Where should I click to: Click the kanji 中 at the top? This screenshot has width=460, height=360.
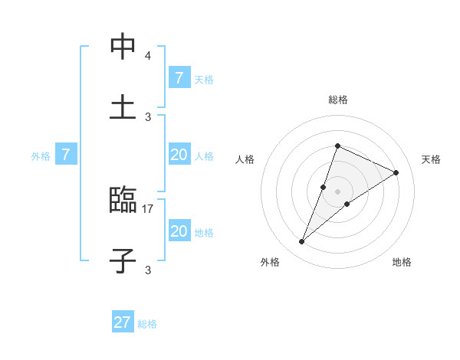tap(123, 47)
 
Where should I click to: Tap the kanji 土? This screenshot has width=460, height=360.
tap(123, 106)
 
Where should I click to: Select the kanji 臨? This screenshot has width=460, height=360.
tap(123, 201)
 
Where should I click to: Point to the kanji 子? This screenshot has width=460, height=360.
tap(123, 260)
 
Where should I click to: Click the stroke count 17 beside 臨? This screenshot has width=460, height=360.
tap(148, 208)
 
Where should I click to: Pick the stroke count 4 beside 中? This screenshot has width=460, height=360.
tap(148, 56)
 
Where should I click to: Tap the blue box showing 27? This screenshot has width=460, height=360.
tap(123, 322)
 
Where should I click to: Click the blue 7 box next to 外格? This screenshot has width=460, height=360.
tap(66, 155)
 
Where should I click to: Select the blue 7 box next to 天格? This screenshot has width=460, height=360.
tap(179, 78)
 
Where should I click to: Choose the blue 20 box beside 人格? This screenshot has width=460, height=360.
tap(179, 155)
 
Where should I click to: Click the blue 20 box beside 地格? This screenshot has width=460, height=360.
tap(179, 231)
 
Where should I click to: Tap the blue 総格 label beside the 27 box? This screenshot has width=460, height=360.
tap(147, 324)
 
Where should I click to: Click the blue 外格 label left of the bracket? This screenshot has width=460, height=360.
tap(41, 156)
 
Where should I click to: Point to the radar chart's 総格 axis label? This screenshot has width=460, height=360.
tap(337, 100)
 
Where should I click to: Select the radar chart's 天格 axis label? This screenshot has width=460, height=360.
tap(432, 159)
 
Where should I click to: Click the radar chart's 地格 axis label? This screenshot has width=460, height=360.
tap(402, 262)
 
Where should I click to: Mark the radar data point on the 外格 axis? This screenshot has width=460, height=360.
tap(302, 242)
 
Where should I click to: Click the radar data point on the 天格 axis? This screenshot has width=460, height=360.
tap(396, 172)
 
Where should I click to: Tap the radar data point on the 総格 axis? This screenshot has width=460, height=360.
tap(337, 146)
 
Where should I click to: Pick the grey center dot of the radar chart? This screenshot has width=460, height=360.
tap(337, 191)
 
